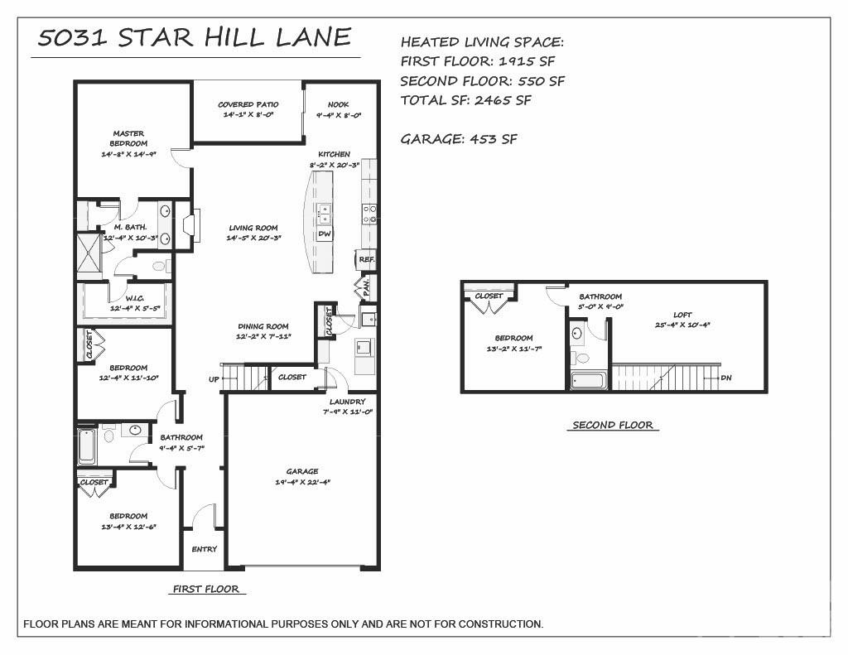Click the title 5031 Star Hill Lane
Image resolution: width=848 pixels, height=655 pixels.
point(195,38)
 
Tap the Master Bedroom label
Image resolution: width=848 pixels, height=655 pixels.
point(128,138)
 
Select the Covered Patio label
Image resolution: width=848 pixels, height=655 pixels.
point(248,105)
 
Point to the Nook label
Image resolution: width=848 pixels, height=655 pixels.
point(338,105)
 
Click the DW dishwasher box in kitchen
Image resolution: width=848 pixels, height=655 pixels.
point(325,234)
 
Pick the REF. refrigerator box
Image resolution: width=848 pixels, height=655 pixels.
point(367,259)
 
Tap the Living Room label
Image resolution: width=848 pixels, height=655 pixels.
point(253,228)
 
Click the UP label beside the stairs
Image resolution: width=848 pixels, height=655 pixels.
point(213,380)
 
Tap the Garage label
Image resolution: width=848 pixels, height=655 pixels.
point(302,471)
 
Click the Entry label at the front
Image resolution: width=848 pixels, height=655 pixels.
point(205,549)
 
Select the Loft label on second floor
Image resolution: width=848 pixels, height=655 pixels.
point(682,315)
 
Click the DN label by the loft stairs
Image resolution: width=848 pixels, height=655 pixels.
point(726,378)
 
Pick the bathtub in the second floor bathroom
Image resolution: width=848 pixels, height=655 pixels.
point(589,381)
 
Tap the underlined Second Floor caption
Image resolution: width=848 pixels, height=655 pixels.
point(613,426)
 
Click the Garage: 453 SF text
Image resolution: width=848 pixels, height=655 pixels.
point(459,139)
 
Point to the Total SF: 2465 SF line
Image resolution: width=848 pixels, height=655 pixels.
point(465,100)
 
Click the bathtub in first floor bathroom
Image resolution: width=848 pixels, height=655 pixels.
point(87,445)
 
